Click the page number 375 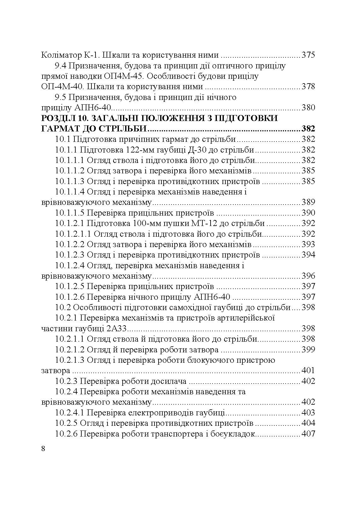[308, 55]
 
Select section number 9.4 [60, 66]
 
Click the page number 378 [308, 87]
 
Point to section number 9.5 [60, 97]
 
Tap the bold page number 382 [308, 129]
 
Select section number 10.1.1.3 [70, 182]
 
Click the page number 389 [308, 202]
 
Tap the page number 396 [308, 276]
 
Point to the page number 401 [308, 371]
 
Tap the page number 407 [308, 434]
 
